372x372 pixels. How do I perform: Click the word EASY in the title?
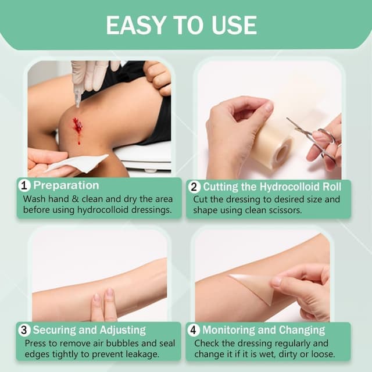point(135,25)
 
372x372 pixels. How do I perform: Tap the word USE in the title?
point(234,25)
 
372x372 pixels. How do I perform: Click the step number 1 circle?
point(24,185)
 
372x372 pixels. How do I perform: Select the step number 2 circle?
point(194,187)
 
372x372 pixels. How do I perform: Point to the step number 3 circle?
point(24,330)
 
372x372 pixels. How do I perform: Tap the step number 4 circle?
point(194,330)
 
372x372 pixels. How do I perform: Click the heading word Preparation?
point(66,185)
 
